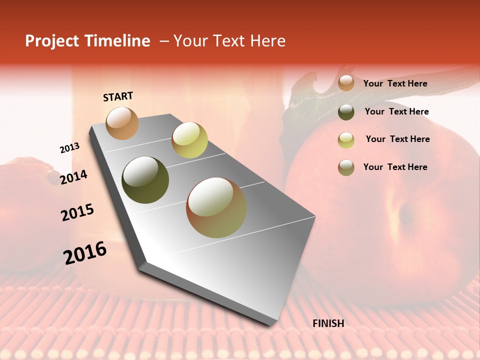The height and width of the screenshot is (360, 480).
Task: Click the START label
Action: (x=118, y=96)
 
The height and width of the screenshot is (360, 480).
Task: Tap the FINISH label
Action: (x=328, y=323)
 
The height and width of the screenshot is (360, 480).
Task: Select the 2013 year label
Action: (x=69, y=148)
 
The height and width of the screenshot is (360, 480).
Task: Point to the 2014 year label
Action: (x=73, y=177)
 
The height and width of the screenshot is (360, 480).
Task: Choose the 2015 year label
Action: (x=77, y=212)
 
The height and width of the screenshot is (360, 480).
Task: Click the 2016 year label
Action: (x=85, y=253)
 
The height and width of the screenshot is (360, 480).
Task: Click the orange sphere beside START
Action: (x=122, y=123)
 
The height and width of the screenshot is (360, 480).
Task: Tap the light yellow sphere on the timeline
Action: (x=189, y=140)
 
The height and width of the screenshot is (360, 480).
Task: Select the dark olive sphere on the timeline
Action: (x=145, y=179)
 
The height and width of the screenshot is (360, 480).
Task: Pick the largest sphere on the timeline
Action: (x=216, y=207)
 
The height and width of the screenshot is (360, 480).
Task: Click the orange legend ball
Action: (x=346, y=83)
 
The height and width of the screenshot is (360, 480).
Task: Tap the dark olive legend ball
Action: (x=346, y=112)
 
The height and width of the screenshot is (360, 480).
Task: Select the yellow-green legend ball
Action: (x=346, y=140)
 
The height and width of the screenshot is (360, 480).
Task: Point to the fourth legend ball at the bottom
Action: (x=346, y=167)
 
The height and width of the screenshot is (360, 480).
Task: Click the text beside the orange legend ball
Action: (x=395, y=83)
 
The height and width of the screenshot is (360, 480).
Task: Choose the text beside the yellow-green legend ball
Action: (x=397, y=139)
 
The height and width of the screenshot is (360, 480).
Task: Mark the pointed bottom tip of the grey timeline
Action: (x=270, y=325)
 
